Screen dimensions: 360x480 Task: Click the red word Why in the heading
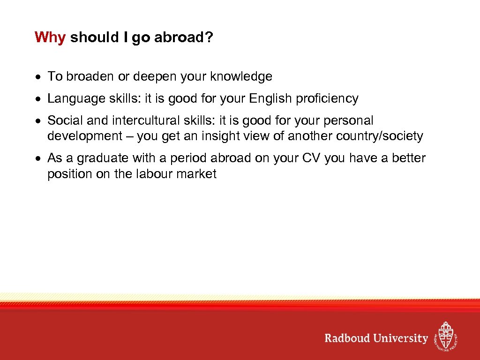(x=50, y=37)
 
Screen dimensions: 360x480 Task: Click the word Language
(x=76, y=98)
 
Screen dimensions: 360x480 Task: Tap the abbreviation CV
(x=310, y=158)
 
